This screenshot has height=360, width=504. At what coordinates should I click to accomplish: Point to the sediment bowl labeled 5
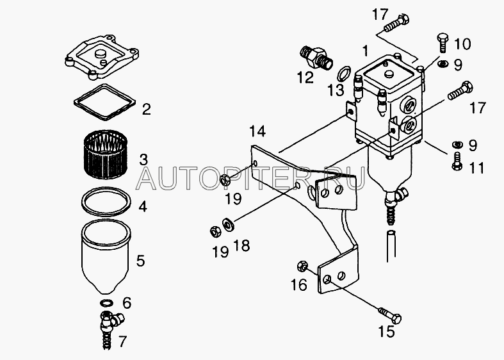click(x=106, y=256)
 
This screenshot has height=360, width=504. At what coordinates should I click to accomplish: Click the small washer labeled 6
click(x=106, y=302)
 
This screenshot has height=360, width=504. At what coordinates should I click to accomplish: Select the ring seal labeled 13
click(x=344, y=73)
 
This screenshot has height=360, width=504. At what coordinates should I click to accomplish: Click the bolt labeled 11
click(x=457, y=161)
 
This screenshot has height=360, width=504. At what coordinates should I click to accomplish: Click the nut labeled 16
click(x=302, y=265)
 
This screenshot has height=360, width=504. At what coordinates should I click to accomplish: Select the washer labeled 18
click(x=228, y=224)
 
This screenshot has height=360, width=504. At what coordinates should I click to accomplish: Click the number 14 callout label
click(x=258, y=131)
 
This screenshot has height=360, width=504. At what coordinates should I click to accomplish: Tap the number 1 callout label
click(x=365, y=51)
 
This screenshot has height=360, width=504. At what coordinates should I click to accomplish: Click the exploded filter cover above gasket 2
click(x=102, y=56)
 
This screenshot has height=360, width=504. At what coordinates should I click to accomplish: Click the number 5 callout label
click(x=140, y=260)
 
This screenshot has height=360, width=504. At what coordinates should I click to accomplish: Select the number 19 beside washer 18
click(x=220, y=252)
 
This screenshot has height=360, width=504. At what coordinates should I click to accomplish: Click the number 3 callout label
click(x=143, y=160)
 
